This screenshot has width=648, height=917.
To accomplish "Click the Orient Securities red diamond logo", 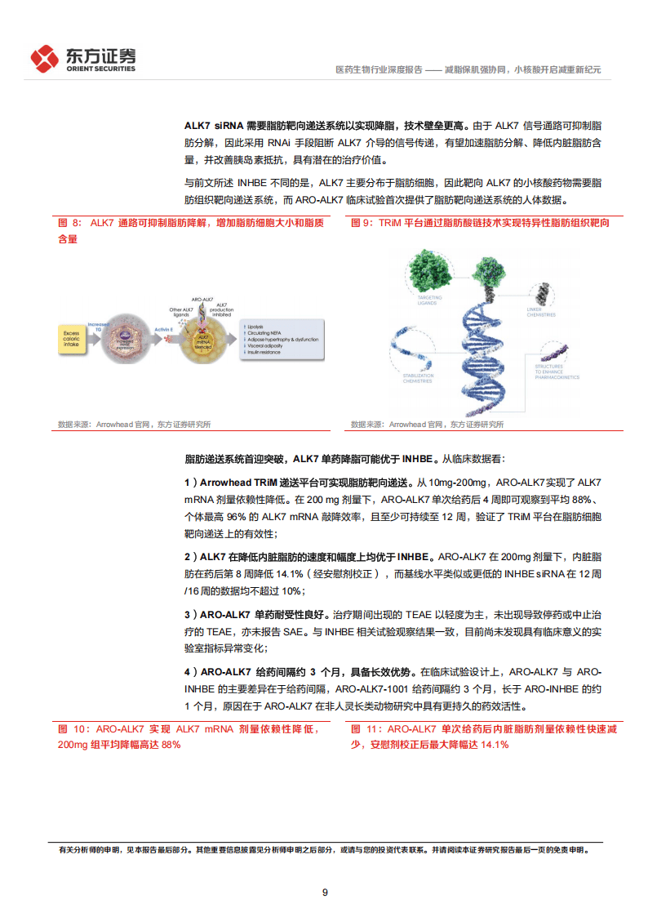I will click(45, 58).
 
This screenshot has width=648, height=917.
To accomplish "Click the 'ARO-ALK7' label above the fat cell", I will click(202, 300).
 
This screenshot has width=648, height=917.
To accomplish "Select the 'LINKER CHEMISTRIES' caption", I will click(541, 311).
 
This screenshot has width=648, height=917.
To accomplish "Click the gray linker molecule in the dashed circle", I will click(539, 291).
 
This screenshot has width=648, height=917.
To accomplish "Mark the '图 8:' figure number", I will click(69, 223).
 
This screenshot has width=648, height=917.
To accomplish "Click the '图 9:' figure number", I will click(362, 223).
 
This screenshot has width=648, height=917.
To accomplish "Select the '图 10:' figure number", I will click(73, 729).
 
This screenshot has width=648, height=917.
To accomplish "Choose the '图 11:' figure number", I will click(366, 729).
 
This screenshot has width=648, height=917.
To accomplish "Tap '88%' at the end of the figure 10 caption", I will click(170, 745).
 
